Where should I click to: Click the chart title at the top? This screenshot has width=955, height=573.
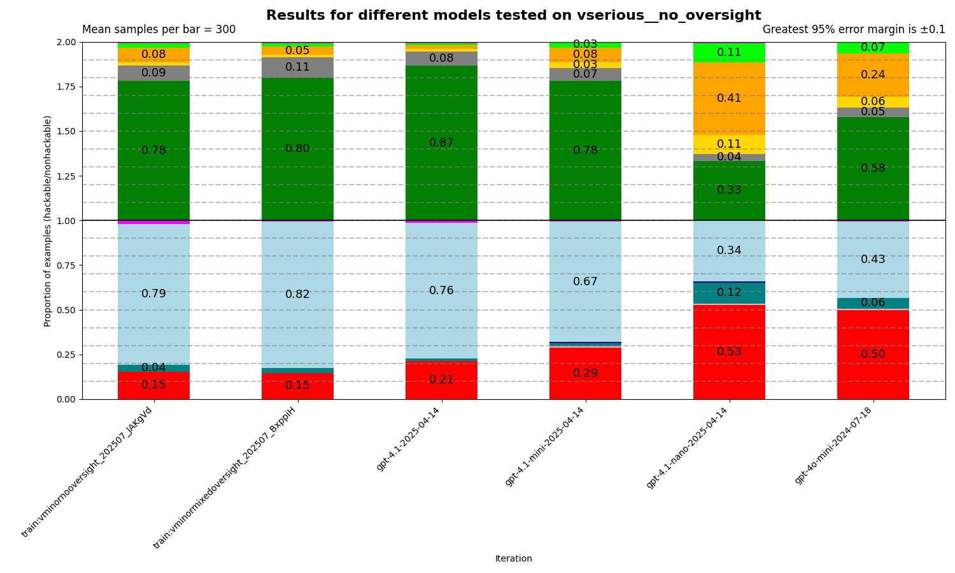[513, 15]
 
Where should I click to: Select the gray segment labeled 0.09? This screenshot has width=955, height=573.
[153, 73]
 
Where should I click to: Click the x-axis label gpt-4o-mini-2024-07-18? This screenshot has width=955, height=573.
[834, 446]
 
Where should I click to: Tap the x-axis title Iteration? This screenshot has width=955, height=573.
[513, 559]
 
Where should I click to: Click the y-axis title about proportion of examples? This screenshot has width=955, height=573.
[48, 221]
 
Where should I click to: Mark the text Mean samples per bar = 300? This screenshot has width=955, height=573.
[159, 30]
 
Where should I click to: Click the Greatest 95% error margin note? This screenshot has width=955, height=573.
[853, 30]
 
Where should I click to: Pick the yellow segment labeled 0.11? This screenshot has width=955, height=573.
[729, 144]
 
